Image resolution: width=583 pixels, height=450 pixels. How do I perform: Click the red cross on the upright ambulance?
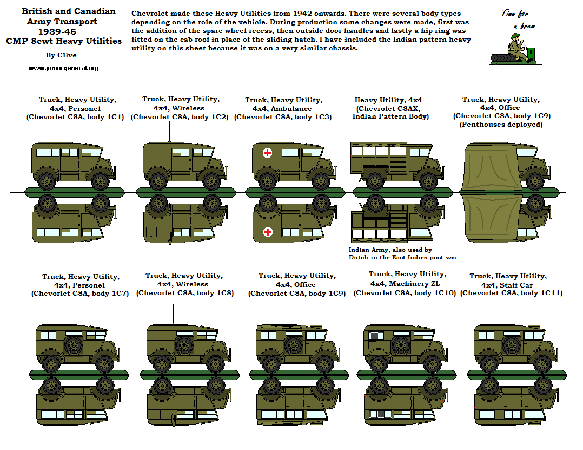[267, 153]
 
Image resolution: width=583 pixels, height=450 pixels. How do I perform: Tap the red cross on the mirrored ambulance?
[267, 232]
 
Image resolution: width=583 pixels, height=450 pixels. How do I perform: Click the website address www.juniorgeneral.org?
[63, 68]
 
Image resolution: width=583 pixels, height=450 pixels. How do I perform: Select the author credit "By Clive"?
[61, 55]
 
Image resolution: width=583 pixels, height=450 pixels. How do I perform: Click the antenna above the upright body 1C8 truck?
[174, 315]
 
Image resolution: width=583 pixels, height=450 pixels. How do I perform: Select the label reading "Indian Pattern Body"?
[390, 116]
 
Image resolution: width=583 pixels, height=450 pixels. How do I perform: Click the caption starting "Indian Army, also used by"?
[390, 250]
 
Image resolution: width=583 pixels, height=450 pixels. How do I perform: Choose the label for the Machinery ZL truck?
[405, 283]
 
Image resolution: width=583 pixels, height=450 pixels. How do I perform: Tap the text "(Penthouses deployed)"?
[501, 125]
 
